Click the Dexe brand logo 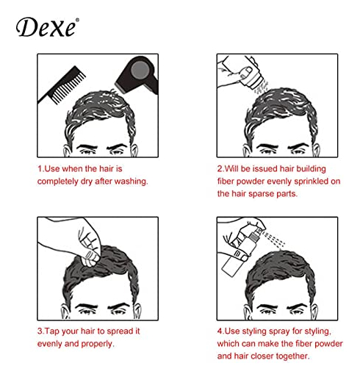click(47, 27)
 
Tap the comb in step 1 click(62, 85)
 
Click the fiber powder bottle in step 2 click(251, 73)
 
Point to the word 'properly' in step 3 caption click(98, 344)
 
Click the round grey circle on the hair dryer click(140, 69)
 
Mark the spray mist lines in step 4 click(274, 239)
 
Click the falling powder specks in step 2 click(262, 88)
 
